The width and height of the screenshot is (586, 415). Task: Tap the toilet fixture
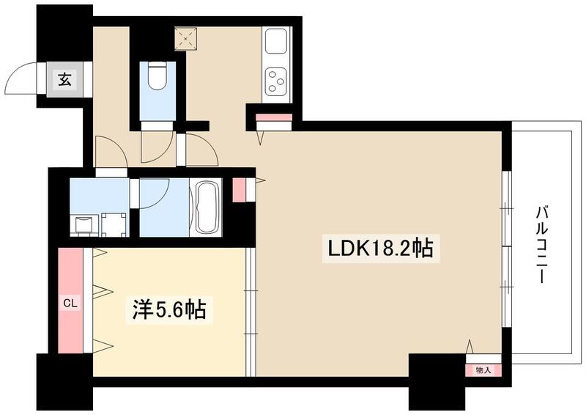click(x=157, y=76)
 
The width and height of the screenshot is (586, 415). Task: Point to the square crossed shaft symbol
click(x=186, y=38)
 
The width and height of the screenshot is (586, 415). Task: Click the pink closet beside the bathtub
click(x=240, y=189)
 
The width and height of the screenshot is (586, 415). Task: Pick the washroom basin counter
click(x=84, y=224)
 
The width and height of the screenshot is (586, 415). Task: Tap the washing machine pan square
click(x=114, y=224)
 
